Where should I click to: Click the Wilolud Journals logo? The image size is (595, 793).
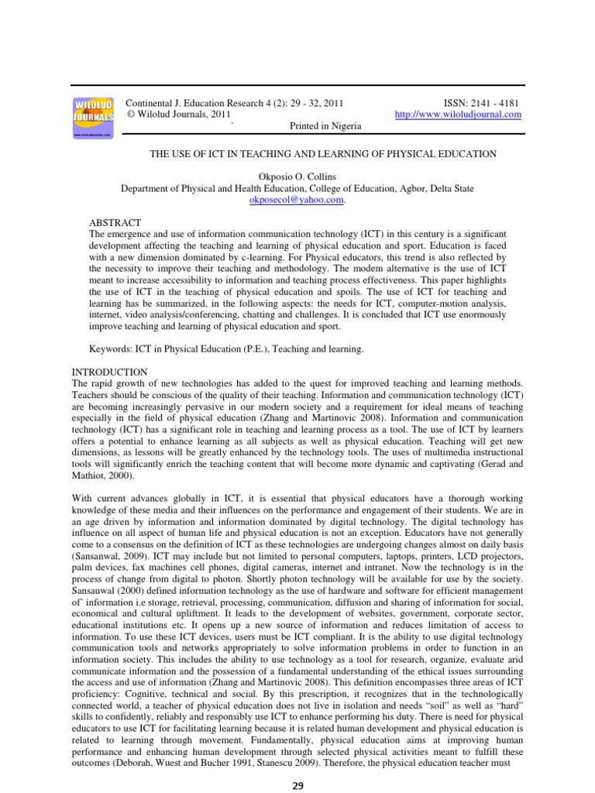[93, 117]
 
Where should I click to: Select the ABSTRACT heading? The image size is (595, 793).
[115, 222]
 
